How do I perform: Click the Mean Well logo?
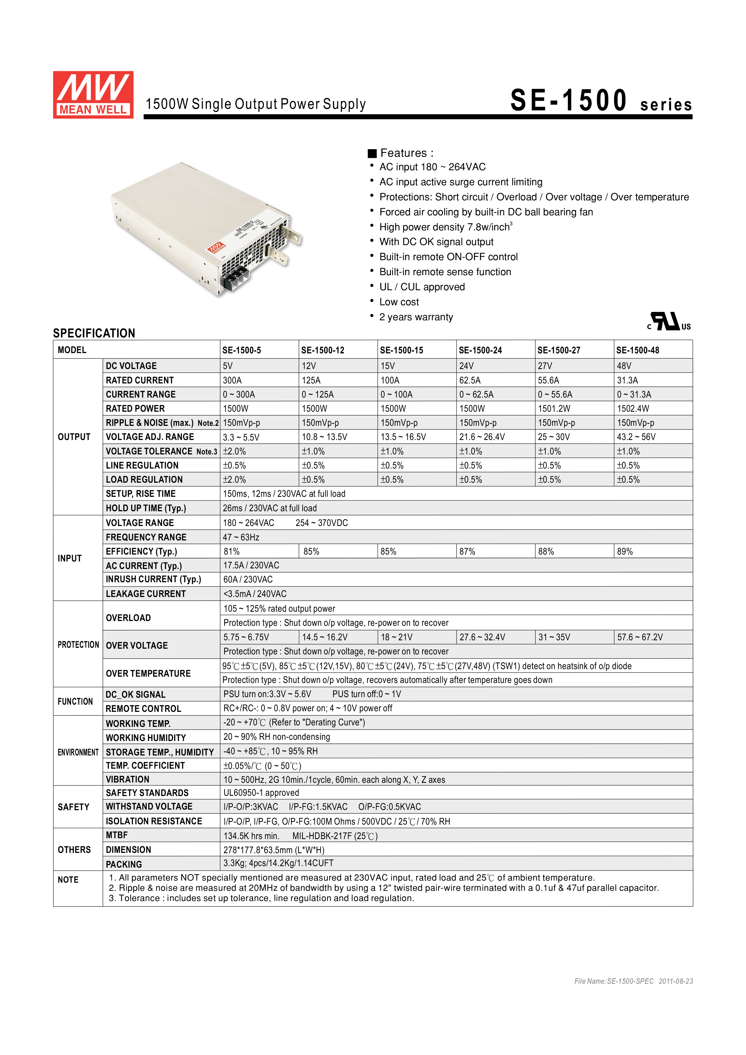click(93, 95)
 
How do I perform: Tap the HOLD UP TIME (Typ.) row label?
click(146, 508)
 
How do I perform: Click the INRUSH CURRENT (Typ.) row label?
click(153, 580)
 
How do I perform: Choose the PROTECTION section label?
click(78, 645)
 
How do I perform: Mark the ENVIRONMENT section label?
click(78, 752)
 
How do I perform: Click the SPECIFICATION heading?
click(94, 333)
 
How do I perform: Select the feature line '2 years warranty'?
click(416, 317)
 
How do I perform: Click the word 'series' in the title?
click(666, 105)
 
